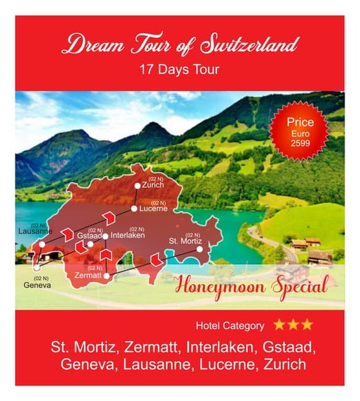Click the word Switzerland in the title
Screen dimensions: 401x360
[x=250, y=46]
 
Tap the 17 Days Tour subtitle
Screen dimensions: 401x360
[x=179, y=69]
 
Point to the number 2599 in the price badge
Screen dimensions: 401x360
[x=301, y=143]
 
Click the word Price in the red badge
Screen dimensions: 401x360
[x=301, y=122]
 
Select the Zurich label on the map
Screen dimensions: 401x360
[x=153, y=185]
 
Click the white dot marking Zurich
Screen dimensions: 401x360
[x=137, y=186]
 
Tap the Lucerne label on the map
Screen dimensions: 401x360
[x=154, y=209]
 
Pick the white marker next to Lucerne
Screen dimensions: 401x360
[x=134, y=209]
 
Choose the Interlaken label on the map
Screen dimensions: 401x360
[x=128, y=236]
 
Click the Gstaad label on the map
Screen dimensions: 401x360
[x=89, y=236]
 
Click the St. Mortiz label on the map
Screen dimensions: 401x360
[x=184, y=241]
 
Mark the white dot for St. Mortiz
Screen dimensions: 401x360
[x=199, y=249]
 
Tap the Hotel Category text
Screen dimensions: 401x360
[x=230, y=325]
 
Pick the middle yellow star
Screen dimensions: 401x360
[x=293, y=325]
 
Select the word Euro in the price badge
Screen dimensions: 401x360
[x=301, y=133]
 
